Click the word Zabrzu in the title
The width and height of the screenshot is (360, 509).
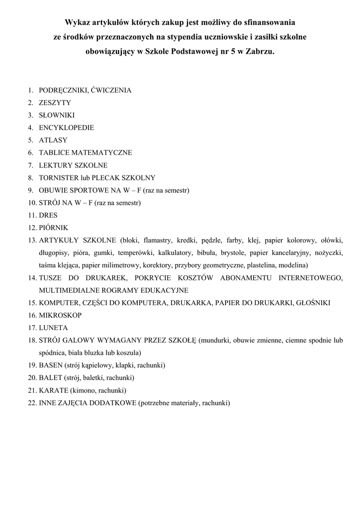[x=260, y=51]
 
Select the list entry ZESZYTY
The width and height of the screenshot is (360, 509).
[x=55, y=103]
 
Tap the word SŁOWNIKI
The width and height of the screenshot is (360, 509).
[x=57, y=115]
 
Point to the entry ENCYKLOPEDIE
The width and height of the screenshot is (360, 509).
[x=66, y=128]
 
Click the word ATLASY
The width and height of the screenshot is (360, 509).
[x=53, y=140]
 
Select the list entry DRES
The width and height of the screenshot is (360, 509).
[x=48, y=215]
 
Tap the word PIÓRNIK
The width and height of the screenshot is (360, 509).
[x=53, y=228]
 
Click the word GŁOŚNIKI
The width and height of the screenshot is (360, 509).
[x=313, y=303]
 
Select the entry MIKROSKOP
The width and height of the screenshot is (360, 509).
[x=60, y=315]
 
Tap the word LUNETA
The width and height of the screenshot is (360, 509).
[x=53, y=328]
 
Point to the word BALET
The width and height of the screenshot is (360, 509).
[x=51, y=378]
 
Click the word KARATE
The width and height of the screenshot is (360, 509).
[x=54, y=390]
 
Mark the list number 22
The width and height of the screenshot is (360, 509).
[x=32, y=403]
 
